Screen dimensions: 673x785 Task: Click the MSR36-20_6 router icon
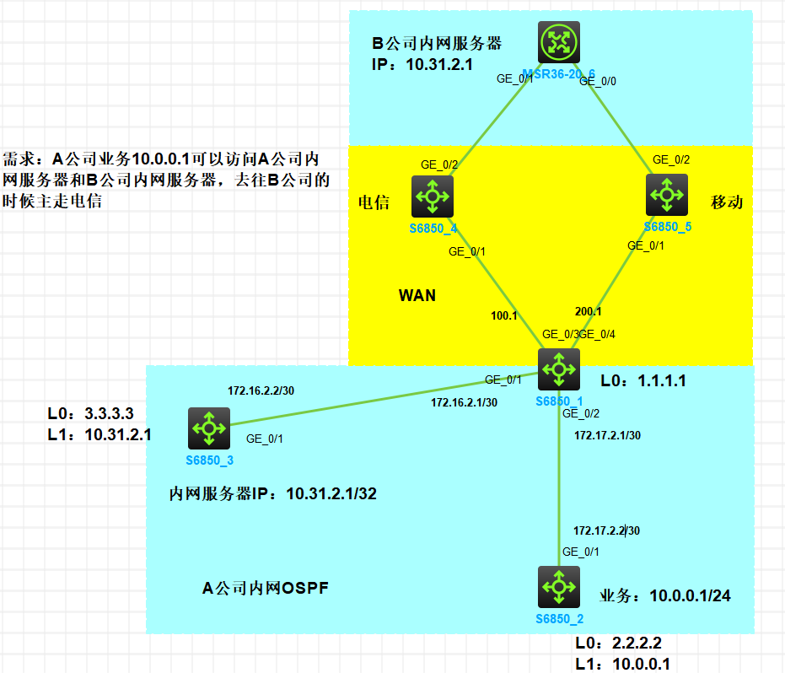click(557, 41)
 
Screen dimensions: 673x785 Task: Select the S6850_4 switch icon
click(433, 196)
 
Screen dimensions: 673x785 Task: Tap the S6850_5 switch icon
click(667, 195)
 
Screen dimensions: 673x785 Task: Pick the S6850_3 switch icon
click(208, 428)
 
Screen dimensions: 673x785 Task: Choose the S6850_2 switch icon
click(558, 586)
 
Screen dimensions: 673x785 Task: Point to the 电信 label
click(373, 202)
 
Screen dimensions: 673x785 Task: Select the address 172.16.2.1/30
click(464, 402)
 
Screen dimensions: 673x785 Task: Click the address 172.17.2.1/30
click(607, 435)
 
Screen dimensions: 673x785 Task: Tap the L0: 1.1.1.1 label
click(643, 381)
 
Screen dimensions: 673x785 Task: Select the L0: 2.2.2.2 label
click(625, 643)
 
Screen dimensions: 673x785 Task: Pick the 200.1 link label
click(588, 310)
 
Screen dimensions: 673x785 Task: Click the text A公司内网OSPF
click(265, 589)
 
